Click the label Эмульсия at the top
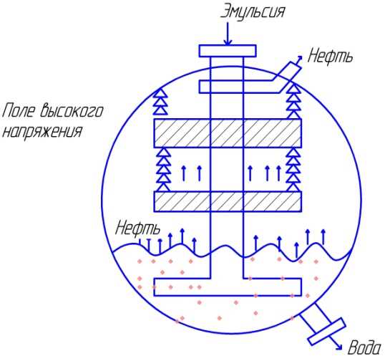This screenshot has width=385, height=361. click(253, 12)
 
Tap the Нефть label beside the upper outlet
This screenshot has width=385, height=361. click(330, 55)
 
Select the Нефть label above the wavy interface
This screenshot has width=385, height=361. click(137, 227)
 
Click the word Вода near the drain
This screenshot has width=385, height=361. click(366, 347)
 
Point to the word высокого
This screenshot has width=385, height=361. click(72, 110)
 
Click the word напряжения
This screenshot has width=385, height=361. click(42, 132)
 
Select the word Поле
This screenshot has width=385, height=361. click(19, 110)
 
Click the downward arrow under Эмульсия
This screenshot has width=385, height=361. click(228, 34)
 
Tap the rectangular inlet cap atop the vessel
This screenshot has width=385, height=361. click(228, 51)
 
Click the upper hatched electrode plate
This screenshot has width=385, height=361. click(228, 133)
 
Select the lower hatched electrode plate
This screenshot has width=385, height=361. click(228, 201)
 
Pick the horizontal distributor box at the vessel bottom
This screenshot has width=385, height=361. click(228, 287)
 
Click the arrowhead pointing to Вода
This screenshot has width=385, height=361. click(339, 347)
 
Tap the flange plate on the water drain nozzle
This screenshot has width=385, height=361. click(327, 331)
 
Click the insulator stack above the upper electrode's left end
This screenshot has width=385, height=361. click(160, 102)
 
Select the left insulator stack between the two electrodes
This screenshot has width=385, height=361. click(164, 170)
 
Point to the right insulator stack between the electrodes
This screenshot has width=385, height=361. click(294, 170)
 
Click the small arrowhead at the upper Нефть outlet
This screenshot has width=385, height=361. click(300, 57)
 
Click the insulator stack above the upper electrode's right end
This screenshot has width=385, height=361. click(294, 102)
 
